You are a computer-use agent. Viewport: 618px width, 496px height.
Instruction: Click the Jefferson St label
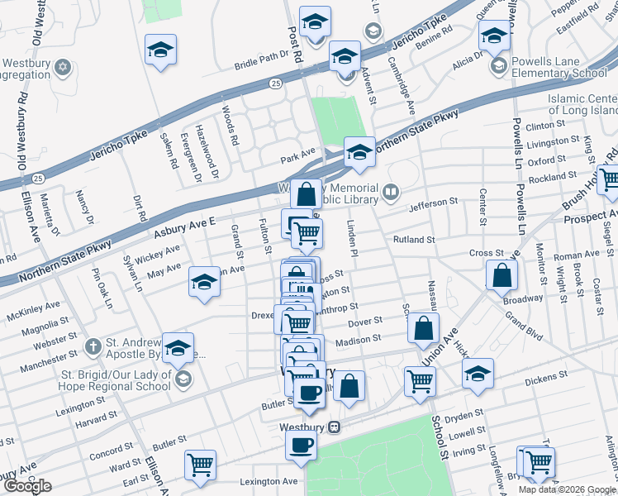tap(431, 202)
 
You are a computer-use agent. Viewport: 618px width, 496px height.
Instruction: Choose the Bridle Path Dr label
tap(265, 63)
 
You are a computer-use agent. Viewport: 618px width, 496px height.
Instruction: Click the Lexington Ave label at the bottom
tap(268, 481)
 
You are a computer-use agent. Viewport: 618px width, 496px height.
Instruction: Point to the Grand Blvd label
tap(523, 316)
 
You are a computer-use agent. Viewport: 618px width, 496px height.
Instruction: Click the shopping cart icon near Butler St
tap(199, 465)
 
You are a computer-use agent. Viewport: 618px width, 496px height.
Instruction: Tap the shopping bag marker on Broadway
tap(502, 276)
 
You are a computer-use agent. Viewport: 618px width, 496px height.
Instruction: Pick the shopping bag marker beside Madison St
tap(422, 328)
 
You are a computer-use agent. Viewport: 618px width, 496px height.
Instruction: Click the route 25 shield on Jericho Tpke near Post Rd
tap(274, 83)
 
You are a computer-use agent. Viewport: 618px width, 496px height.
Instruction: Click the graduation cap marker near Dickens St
tap(478, 374)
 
